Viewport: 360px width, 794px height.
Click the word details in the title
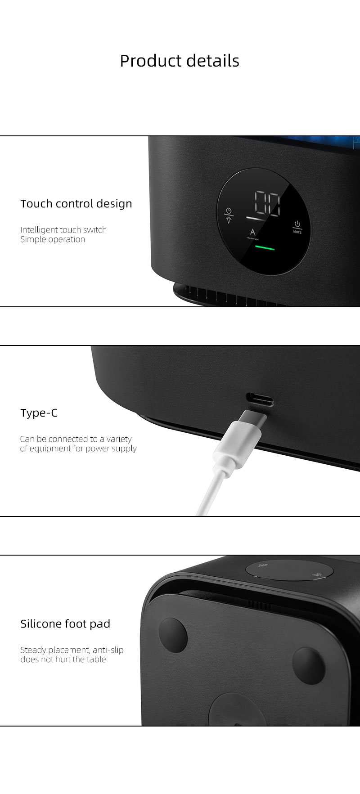213,61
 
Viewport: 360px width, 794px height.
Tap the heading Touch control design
76,204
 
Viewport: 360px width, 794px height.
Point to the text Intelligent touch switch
63,229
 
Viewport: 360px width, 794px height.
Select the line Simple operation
53,239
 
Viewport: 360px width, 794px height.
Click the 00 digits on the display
266,203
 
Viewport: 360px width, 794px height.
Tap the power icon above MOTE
297,224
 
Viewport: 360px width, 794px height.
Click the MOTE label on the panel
297,232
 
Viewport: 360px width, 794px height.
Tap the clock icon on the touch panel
229,211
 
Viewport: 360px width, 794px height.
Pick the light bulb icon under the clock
229,220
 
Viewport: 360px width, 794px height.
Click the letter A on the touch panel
253,232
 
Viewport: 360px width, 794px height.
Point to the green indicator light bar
265,247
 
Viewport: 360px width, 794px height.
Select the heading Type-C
39,413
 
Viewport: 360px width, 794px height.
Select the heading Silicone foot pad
65,624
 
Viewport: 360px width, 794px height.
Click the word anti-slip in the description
108,650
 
